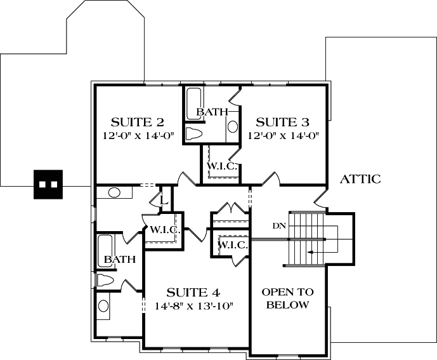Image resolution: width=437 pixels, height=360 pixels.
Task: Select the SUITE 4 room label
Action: tap(193, 293)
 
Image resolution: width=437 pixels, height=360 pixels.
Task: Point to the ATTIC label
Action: tap(360, 179)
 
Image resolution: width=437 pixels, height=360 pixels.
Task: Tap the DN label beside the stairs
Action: tap(278, 225)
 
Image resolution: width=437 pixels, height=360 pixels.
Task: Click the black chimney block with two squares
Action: tap(48, 184)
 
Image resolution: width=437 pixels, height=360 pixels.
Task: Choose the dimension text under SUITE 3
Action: tap(282, 135)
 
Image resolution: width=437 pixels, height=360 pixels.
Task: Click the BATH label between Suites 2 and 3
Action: tap(212, 112)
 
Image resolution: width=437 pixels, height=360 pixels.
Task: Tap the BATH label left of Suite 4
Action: tap(119, 260)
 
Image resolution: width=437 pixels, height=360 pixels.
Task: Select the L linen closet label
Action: tap(163, 201)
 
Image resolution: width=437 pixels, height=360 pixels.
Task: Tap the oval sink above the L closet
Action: tap(115, 192)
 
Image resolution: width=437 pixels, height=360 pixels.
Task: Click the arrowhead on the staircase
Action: tap(309, 252)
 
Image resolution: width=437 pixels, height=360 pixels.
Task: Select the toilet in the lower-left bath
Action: tap(105, 280)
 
